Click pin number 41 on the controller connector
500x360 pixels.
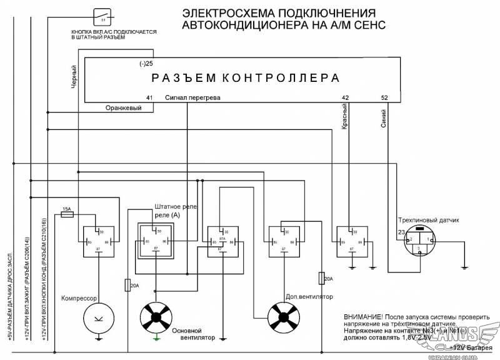coord(149,98)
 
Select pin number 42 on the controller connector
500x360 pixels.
coord(346,98)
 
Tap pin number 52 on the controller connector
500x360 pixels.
coord(384,98)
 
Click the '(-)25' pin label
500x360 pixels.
coord(146,64)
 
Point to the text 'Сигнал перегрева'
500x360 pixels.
coord(192,98)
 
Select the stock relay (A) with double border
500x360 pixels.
coord(156,240)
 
